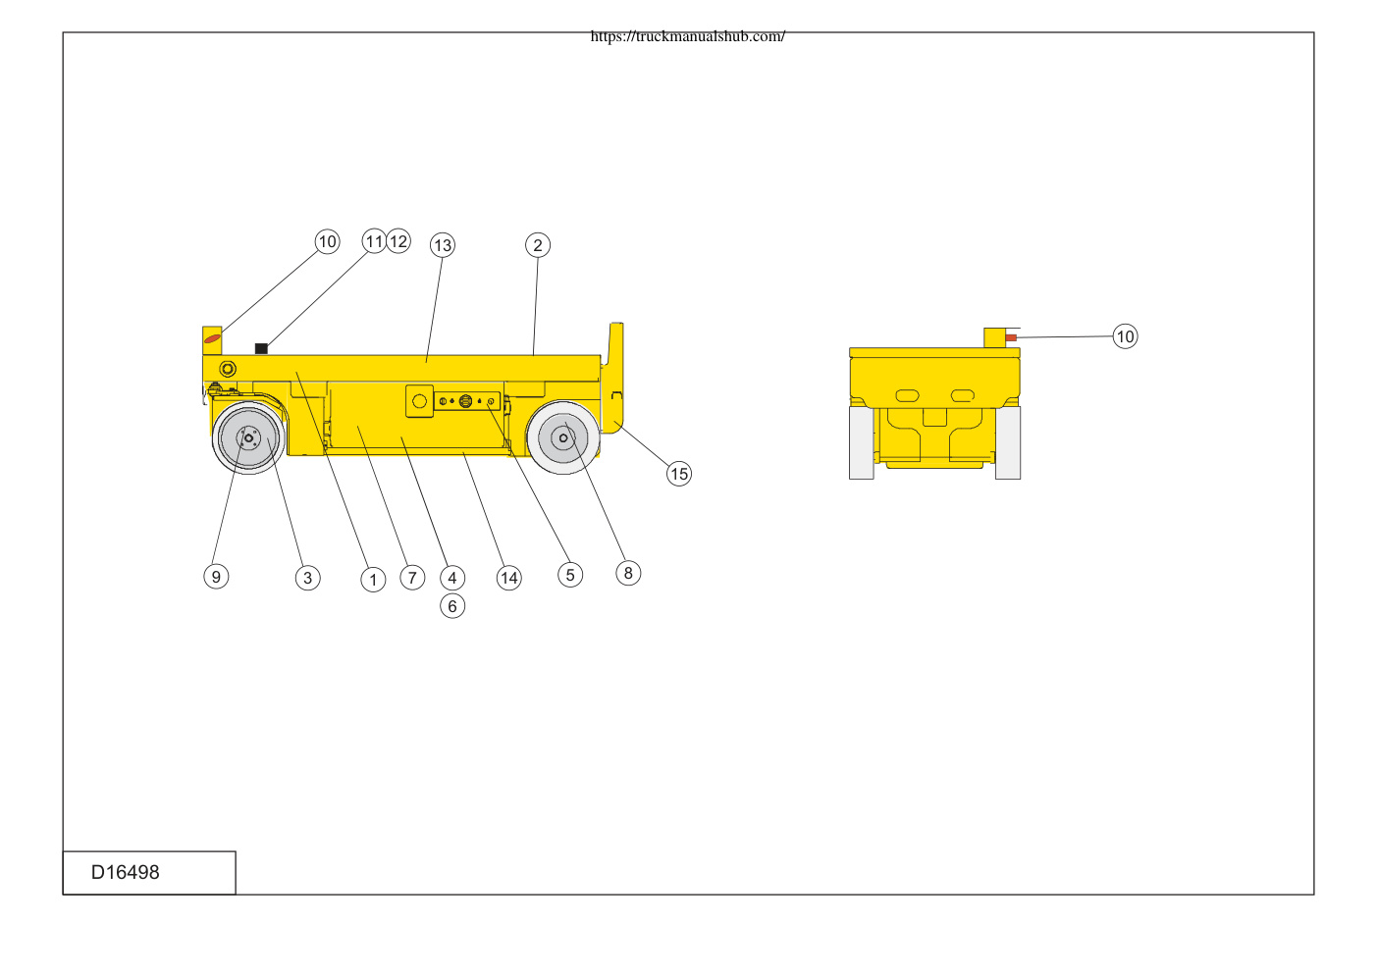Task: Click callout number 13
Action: coord(443,245)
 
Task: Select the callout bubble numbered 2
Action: coord(538,245)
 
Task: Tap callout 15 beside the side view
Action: coord(679,474)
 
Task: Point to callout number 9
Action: coord(216,577)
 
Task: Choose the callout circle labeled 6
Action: coord(452,607)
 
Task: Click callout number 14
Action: coord(508,578)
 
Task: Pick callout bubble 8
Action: coord(628,573)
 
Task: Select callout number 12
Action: coord(398,241)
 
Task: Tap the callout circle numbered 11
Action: coord(374,241)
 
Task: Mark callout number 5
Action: coord(570,575)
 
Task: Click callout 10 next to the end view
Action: coord(1125,336)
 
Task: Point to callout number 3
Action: coord(307,578)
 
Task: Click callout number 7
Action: coord(412,578)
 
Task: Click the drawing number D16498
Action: coord(125,872)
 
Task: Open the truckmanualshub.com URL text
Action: coord(688,36)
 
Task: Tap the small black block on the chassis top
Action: coord(261,348)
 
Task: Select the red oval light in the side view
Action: coord(212,338)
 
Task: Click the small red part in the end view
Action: coord(1011,337)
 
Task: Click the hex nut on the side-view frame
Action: coord(228,369)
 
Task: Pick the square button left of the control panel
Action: coord(419,401)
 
